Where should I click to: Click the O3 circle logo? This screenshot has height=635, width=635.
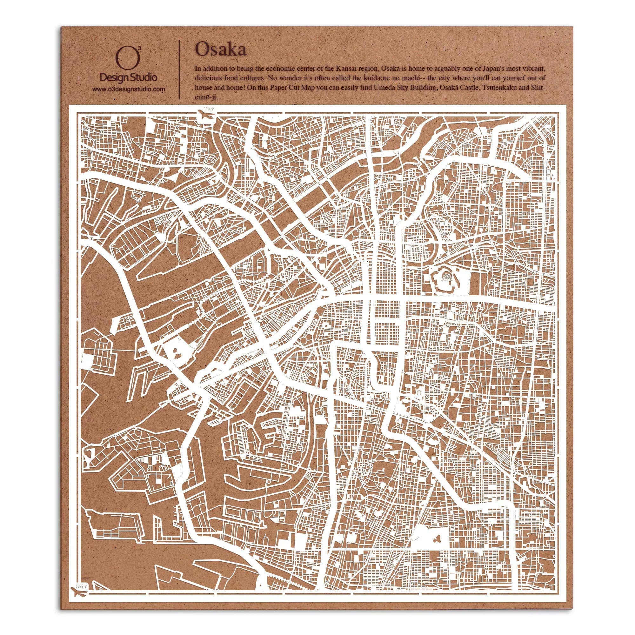pyautogui.click(x=127, y=60)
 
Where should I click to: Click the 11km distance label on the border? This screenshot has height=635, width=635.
pyautogui.click(x=208, y=109)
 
